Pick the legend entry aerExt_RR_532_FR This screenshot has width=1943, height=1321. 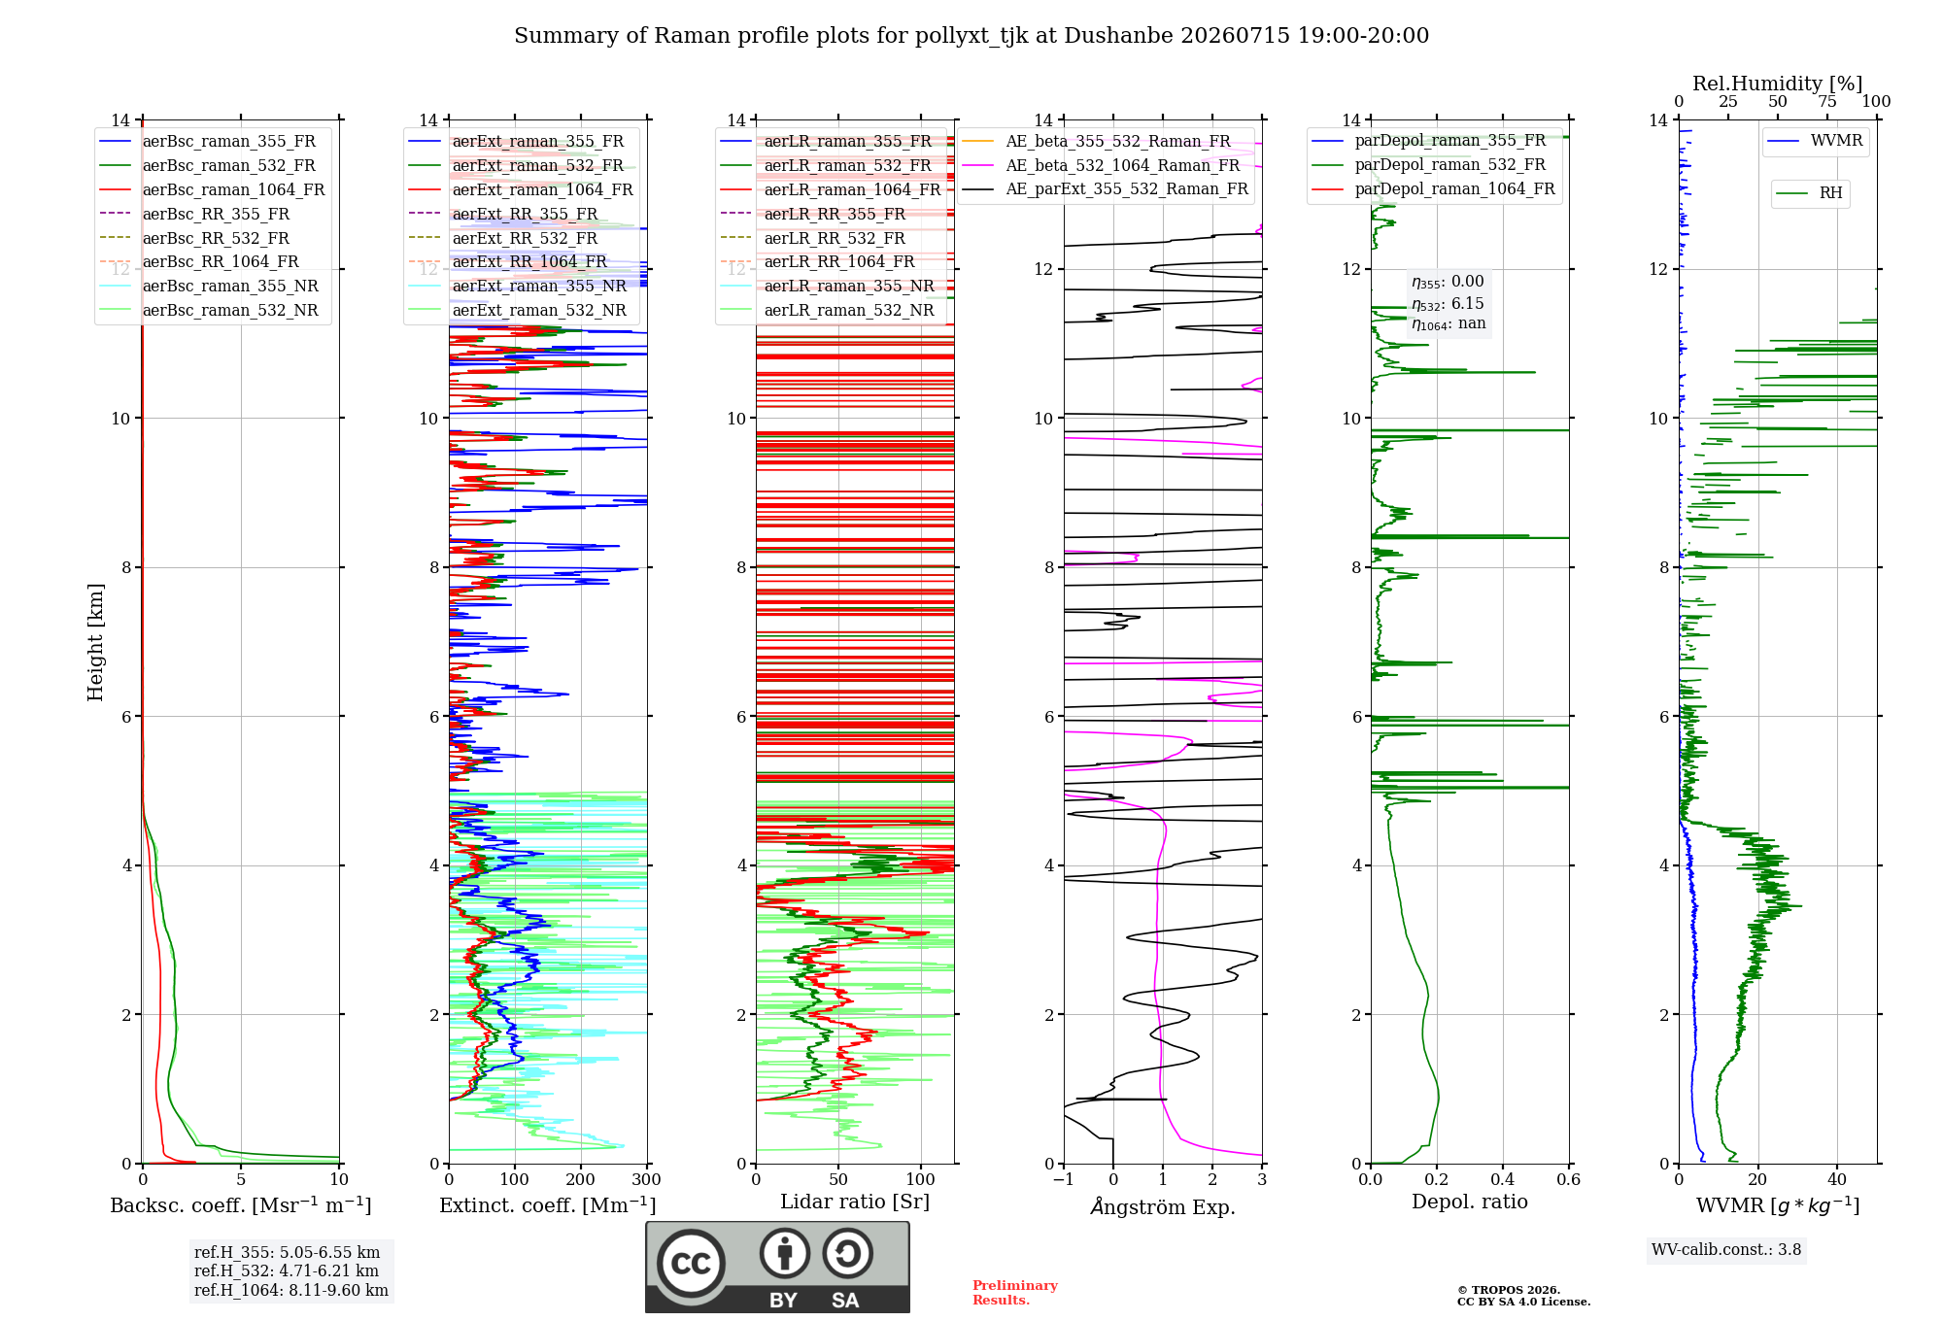click(503, 238)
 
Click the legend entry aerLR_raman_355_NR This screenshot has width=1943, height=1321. click(827, 287)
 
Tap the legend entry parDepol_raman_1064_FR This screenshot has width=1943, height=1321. click(1433, 189)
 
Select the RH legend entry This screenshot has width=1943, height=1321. click(1809, 193)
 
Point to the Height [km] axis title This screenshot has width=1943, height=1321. click(95, 642)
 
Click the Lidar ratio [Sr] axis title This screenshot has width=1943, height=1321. click(855, 1202)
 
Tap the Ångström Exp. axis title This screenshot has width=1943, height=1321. click(1163, 1206)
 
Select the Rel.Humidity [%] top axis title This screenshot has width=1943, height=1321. click(1778, 84)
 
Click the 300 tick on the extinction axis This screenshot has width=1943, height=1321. click(646, 1179)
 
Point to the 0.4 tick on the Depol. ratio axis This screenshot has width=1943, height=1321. click(1503, 1179)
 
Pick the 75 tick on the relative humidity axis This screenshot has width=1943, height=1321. click(1827, 101)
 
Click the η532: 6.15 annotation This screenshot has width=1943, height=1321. click(1448, 304)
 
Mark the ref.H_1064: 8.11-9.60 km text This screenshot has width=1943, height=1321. click(291, 1290)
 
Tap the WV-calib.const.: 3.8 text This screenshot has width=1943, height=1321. click(1726, 1250)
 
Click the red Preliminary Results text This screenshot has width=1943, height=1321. click(1015, 1293)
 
